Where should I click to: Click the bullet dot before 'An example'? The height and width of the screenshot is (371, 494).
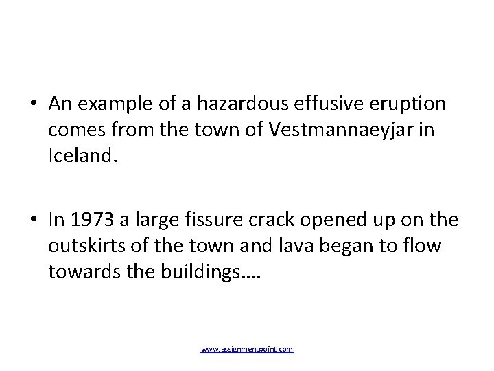point(34,104)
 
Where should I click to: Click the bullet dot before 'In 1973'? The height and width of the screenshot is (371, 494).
point(34,221)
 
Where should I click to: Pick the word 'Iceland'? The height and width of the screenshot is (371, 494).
point(82,155)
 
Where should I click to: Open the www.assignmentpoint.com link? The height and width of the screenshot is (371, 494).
point(247,350)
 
